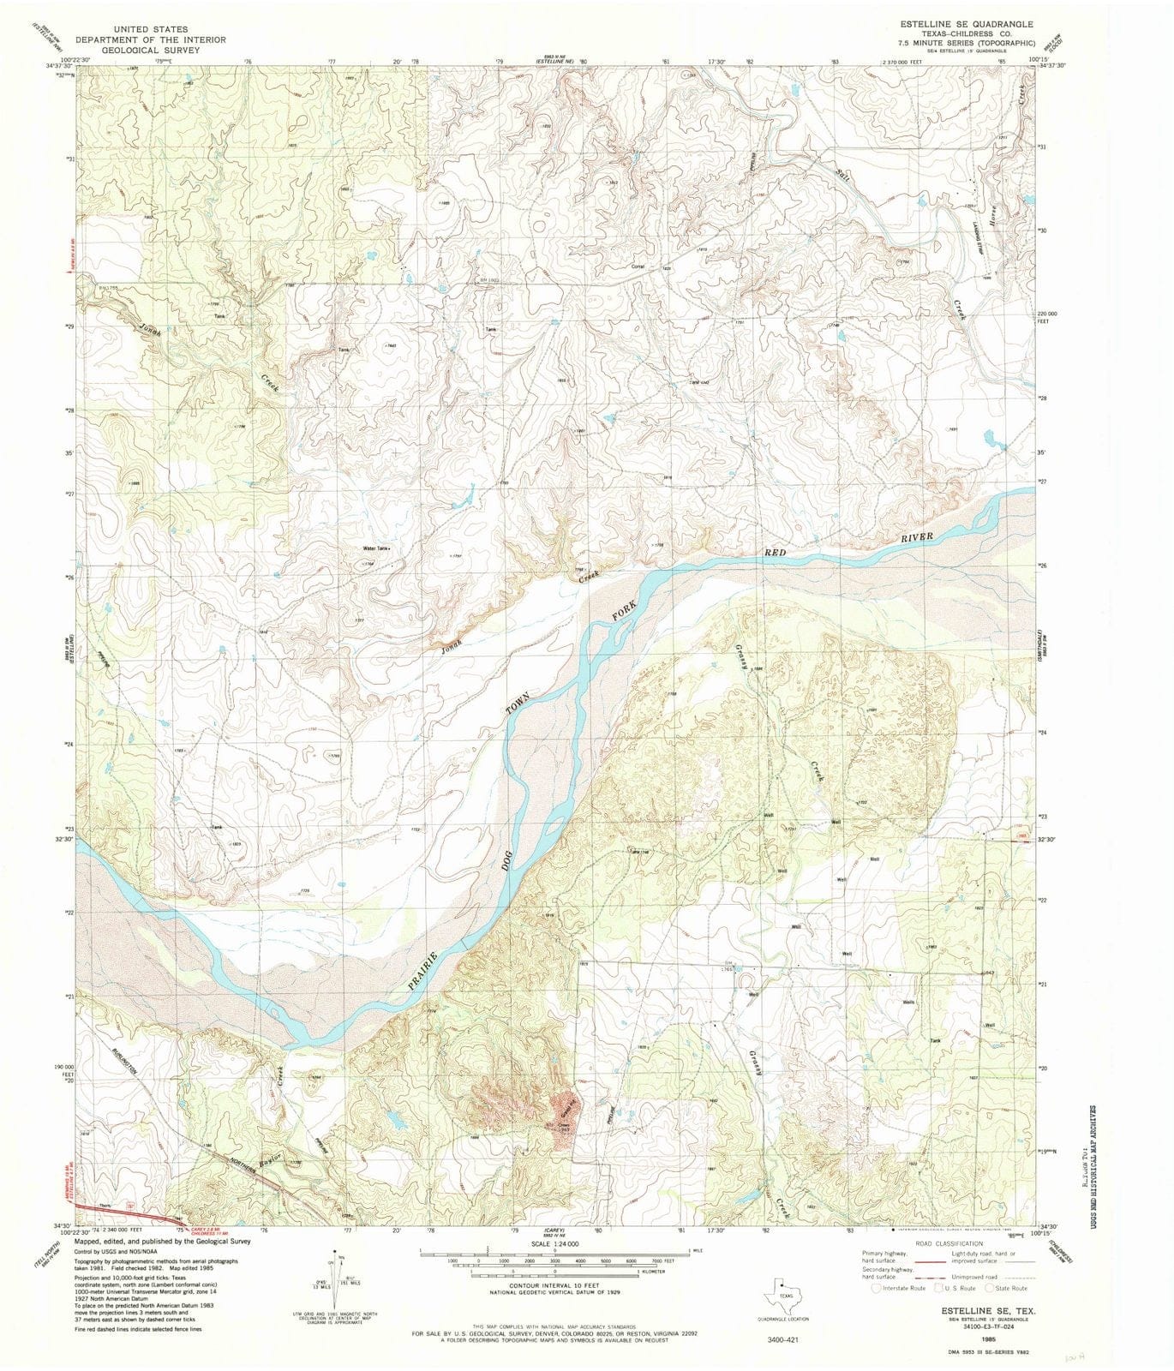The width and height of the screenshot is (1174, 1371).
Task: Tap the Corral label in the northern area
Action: pos(638,266)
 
